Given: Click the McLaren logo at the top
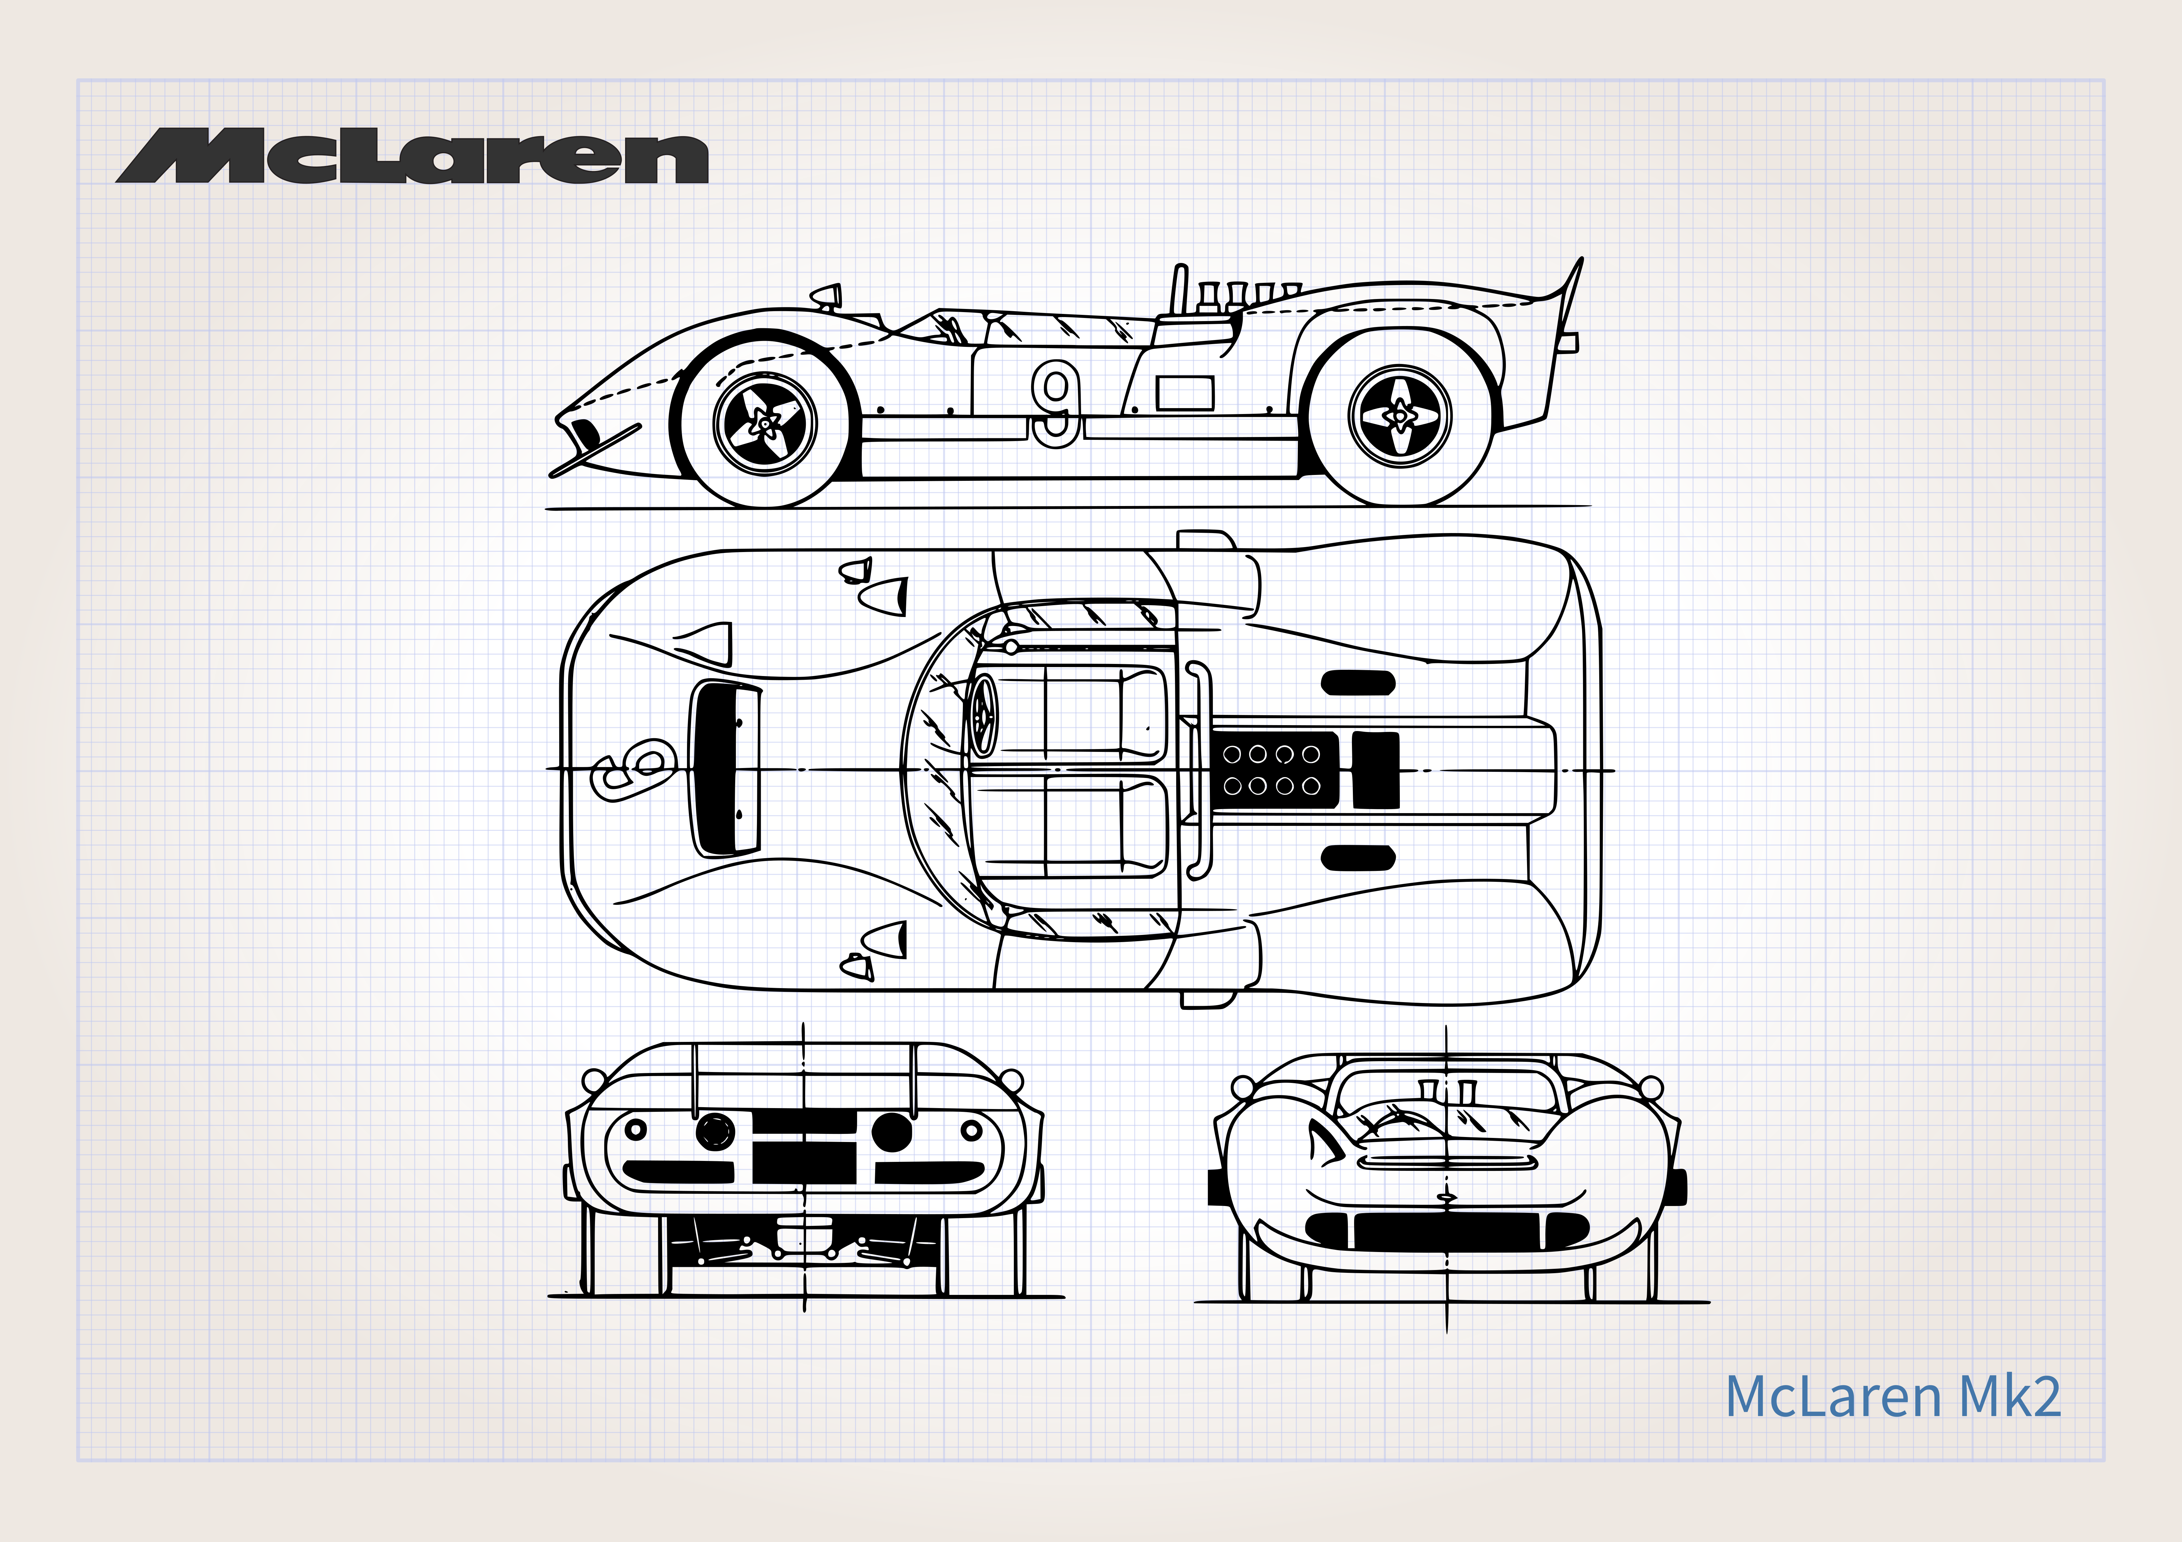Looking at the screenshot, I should click(411, 157).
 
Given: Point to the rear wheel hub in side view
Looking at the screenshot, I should click(1400, 416).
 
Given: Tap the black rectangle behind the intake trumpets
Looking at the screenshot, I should click(1375, 770).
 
